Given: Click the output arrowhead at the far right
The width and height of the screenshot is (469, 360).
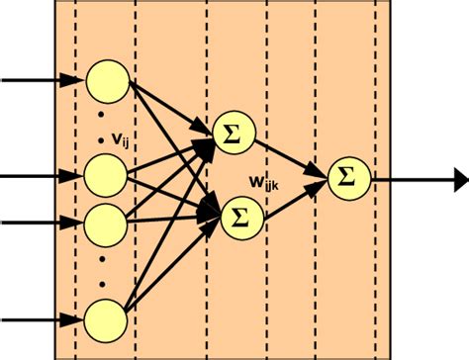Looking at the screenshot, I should (459, 180).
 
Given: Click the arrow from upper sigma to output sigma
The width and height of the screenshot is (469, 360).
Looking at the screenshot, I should (291, 154).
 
